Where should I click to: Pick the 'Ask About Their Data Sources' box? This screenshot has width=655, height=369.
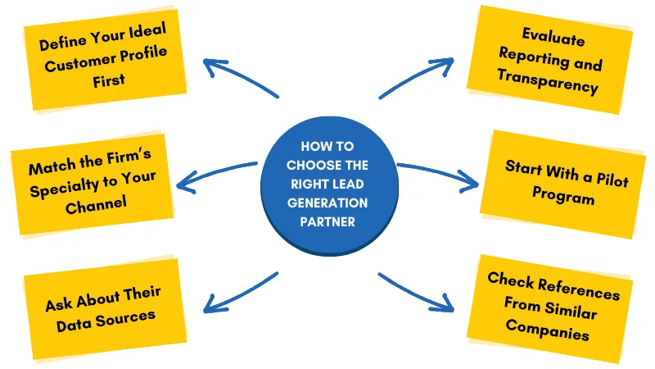pyautogui.click(x=102, y=304)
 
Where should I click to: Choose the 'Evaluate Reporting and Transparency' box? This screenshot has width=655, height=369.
pyautogui.click(x=550, y=60)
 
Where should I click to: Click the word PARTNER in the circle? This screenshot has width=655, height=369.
pyautogui.click(x=328, y=221)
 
